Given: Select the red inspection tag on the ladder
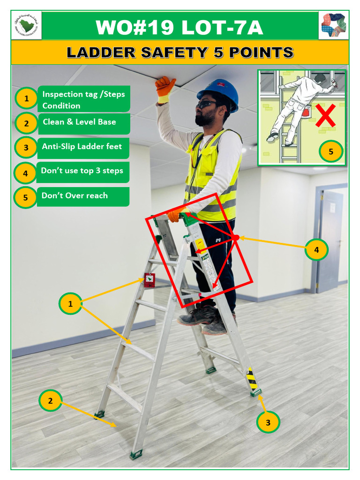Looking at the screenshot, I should [x=150, y=280].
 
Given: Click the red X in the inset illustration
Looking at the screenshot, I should [x=325, y=115].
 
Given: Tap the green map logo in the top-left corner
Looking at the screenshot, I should [x=26, y=25].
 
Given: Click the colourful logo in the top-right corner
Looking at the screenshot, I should [x=333, y=25].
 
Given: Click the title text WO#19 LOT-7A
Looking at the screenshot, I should [x=180, y=27].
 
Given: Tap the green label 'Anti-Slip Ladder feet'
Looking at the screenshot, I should [x=83, y=147].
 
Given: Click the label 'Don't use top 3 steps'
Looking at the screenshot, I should [x=83, y=171].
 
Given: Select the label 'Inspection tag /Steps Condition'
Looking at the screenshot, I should [x=83, y=99].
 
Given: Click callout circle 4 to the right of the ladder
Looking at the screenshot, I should [x=316, y=250].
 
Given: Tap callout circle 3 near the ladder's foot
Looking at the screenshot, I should [x=268, y=422].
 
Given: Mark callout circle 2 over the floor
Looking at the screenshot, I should [x=51, y=401].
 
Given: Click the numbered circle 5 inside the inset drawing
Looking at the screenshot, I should [x=331, y=151].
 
